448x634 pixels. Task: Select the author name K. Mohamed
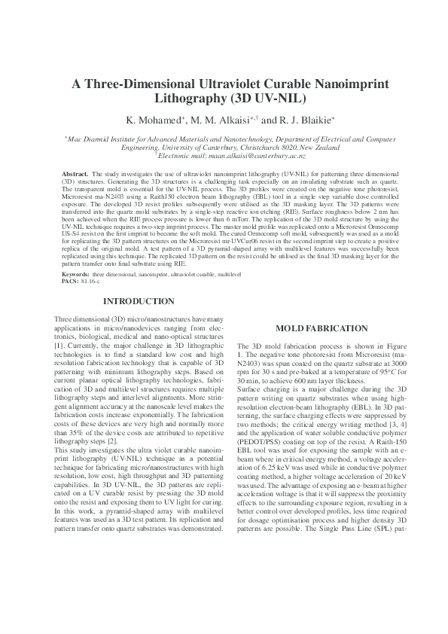pos(155,120)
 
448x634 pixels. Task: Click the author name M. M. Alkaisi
pos(224,120)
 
